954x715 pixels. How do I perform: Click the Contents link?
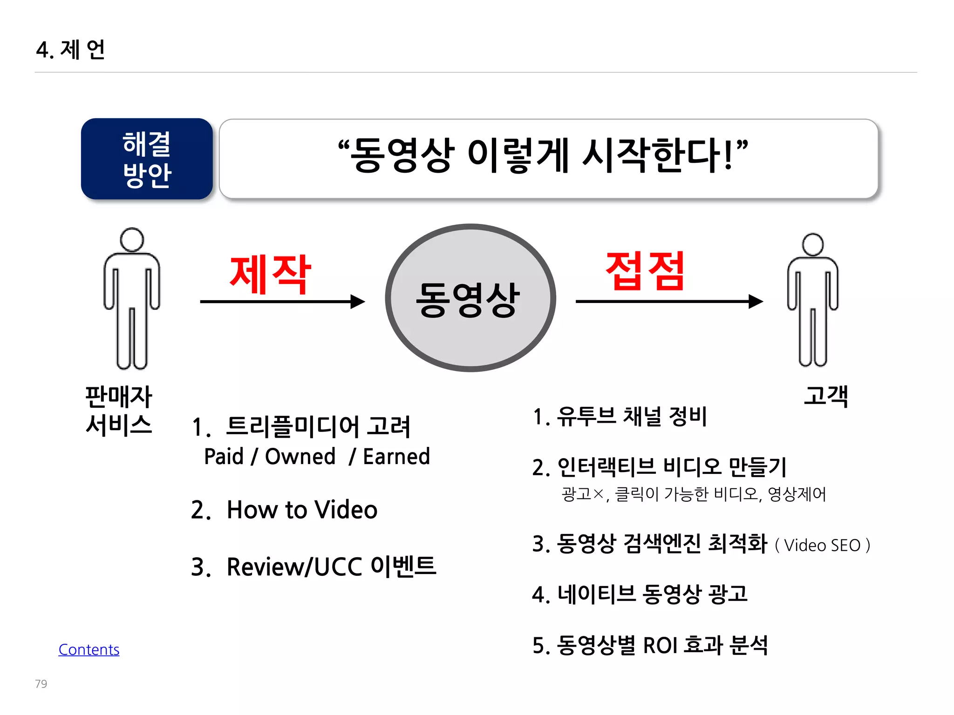[x=89, y=649]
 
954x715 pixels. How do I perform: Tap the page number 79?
[x=41, y=684]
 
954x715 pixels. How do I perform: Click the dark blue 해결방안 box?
[x=147, y=159]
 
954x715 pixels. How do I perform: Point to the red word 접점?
[x=645, y=271]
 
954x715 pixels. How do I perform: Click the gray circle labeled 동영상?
[x=470, y=298]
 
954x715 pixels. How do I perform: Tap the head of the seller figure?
[x=132, y=240]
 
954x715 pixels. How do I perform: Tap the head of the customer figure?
[x=813, y=245]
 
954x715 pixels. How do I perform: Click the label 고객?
[x=826, y=396]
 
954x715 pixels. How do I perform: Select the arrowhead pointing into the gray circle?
[x=358, y=302]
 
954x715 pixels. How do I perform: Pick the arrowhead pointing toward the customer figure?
[x=756, y=302]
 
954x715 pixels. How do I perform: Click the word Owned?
[x=300, y=457]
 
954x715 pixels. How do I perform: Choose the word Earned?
[x=396, y=457]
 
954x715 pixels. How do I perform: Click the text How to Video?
[x=302, y=510]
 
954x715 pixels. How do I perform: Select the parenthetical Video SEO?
[x=822, y=545]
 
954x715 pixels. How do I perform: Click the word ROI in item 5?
[x=660, y=646]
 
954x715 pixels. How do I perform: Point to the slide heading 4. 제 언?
[x=71, y=50]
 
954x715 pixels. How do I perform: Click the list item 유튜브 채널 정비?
[x=632, y=416]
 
